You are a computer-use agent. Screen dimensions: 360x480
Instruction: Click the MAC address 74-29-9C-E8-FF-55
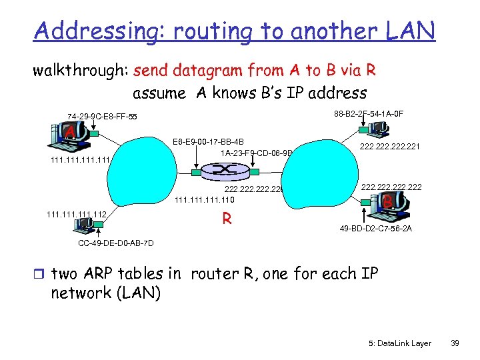[x=102, y=117]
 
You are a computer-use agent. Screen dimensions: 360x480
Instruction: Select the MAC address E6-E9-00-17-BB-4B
[x=208, y=141]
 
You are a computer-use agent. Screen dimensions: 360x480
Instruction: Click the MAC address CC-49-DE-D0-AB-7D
[x=116, y=243]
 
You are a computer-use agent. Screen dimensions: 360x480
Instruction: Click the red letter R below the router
[x=227, y=217]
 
